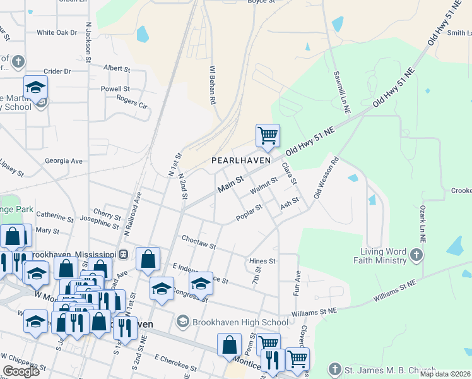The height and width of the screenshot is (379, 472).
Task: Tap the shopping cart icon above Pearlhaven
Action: click(268, 135)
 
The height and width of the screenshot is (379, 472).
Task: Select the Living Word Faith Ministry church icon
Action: click(416, 255)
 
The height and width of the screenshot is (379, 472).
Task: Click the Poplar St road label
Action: click(249, 213)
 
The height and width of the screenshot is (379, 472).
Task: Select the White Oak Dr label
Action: click(57, 32)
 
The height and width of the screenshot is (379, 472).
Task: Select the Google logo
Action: click(20, 371)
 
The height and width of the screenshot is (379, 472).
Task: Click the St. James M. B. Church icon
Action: click(334, 369)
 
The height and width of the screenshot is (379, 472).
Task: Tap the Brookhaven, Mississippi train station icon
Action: click(124, 254)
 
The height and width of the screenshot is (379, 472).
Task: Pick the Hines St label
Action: click(263, 261)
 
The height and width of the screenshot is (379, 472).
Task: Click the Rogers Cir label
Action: click(132, 100)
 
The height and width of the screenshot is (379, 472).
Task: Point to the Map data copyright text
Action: click(445, 374)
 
